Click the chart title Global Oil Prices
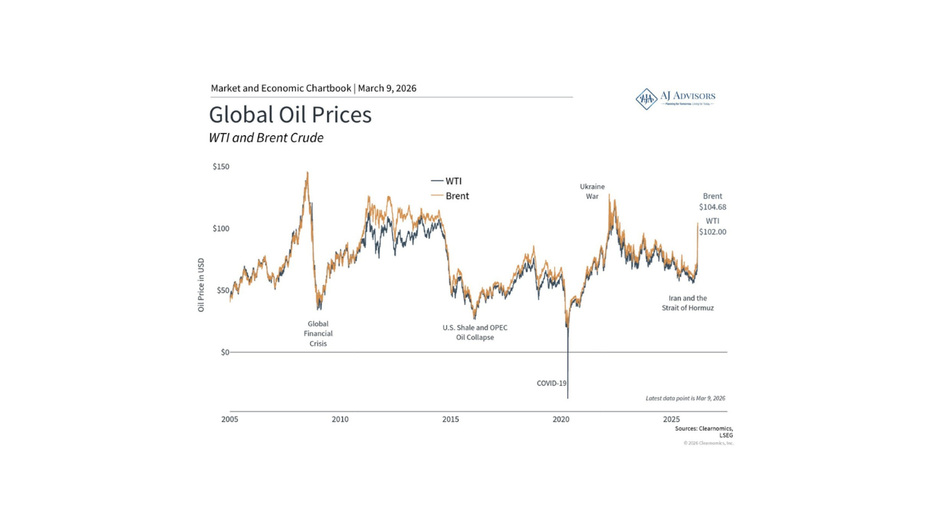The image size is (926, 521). (x=290, y=115)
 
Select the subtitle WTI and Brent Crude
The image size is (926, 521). (x=266, y=137)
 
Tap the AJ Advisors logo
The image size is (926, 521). (x=675, y=98)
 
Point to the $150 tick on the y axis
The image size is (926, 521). (x=221, y=166)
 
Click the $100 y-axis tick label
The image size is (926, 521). (x=221, y=229)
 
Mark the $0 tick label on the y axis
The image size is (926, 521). (x=225, y=352)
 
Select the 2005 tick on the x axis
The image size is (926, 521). (x=230, y=420)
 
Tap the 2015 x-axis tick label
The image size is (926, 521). (x=451, y=420)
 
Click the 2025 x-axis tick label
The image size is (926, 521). (x=672, y=420)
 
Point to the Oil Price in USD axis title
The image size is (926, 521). (x=202, y=285)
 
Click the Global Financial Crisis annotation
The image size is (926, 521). (x=318, y=334)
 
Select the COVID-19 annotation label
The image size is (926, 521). (x=551, y=383)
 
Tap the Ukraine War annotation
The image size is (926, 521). (x=592, y=191)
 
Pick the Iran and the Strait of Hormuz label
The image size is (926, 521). (x=687, y=303)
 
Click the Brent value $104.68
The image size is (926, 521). (x=713, y=207)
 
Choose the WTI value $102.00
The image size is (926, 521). (x=713, y=232)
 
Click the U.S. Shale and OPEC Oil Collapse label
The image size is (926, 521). (x=475, y=332)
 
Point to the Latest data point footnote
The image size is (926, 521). (x=685, y=398)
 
